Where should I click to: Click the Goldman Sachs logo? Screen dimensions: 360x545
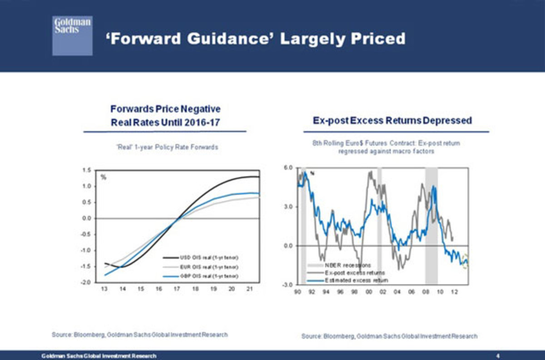pos(72,35)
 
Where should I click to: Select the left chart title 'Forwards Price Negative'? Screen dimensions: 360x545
pos(165,109)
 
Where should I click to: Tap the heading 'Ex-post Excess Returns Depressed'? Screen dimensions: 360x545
pos(392,121)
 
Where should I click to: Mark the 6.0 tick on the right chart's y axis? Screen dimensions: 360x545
pos(288,168)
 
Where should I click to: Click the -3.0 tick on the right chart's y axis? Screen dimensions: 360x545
pos(288,285)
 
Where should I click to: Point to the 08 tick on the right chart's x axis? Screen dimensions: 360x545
pos(426,291)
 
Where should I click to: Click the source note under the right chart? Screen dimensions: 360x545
pos(389,336)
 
